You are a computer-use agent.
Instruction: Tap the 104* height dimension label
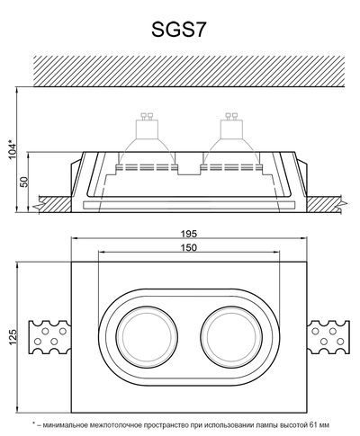10,149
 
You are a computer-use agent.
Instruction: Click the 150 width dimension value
188,247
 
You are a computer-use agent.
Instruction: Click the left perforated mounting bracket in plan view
49,337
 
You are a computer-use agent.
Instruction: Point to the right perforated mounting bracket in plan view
328,337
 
